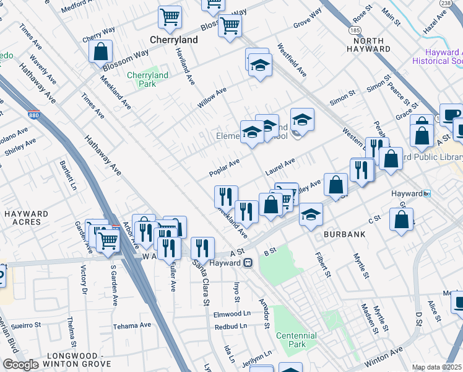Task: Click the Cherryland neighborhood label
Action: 174,40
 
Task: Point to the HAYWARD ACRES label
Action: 26,218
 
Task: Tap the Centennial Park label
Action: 296,340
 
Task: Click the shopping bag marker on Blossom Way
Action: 100,52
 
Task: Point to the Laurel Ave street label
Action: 280,166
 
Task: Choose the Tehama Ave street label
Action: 132,325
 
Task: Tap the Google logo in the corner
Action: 20,365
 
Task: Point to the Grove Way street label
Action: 307,19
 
